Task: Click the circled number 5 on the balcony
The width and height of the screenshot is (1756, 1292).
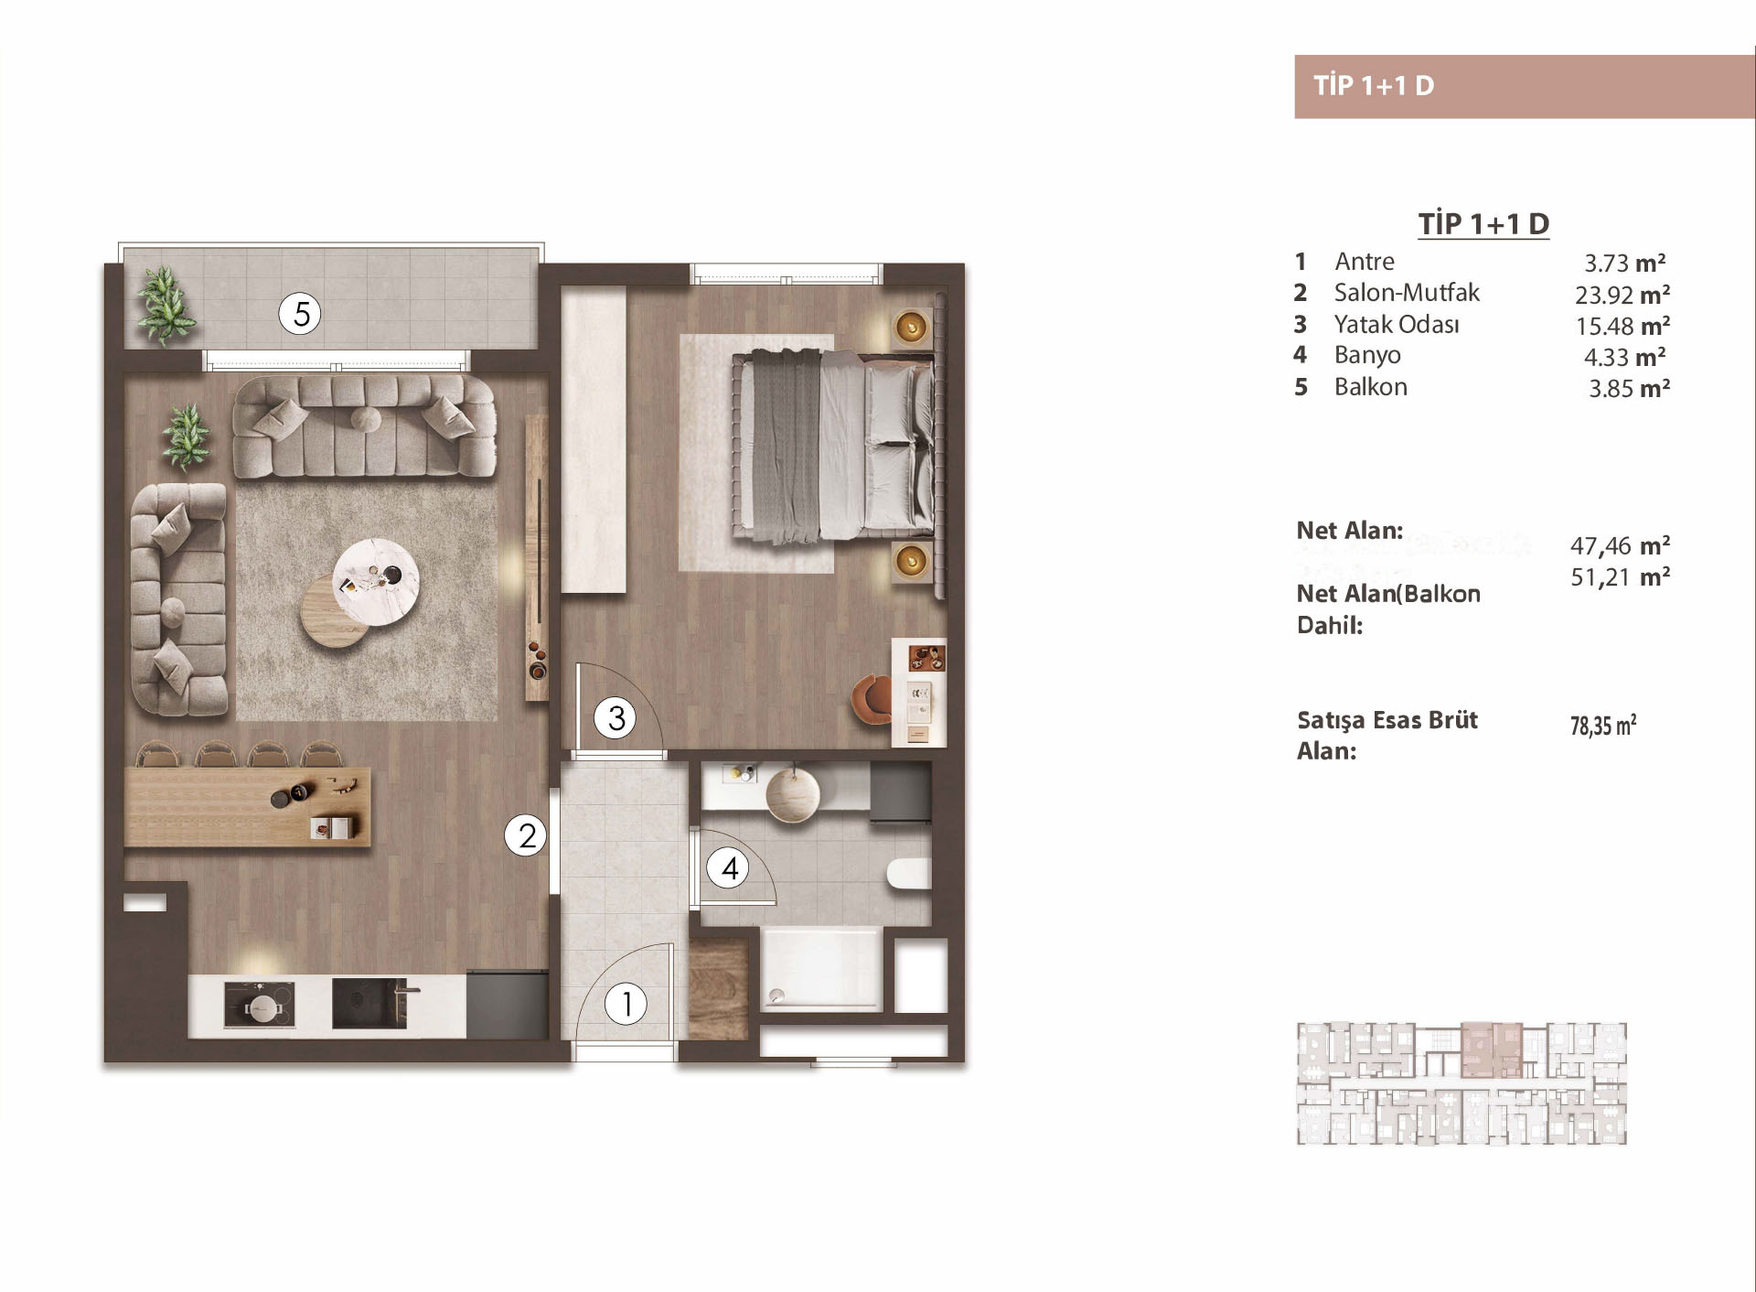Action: pos(301,314)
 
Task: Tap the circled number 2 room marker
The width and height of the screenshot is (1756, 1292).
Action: pos(527,835)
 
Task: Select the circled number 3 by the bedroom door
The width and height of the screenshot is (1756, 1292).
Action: pos(616,718)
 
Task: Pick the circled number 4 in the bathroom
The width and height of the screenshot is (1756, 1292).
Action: pos(729,867)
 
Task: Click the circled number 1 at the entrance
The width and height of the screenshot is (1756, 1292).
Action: pos(626,1004)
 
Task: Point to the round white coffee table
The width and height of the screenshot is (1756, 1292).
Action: pos(376,582)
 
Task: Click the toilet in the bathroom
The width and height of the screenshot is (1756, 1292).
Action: pos(909,873)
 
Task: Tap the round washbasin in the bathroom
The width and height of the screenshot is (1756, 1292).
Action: pos(793,794)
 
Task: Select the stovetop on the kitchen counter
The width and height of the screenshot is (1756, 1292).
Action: pos(260,1005)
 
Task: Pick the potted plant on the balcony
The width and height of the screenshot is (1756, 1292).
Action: pos(166,306)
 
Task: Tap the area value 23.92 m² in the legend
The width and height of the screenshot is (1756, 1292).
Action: pos(1622,295)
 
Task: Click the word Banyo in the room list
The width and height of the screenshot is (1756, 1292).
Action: pos(1367,355)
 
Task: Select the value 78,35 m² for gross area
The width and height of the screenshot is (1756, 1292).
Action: pos(1603,726)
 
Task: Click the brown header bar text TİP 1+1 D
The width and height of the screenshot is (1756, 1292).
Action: pos(1374,86)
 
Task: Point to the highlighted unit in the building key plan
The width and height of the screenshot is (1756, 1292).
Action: pos(1492,1050)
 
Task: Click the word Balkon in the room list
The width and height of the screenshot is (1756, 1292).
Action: pos(1370,387)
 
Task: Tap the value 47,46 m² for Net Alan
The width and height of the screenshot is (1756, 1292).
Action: pos(1621,546)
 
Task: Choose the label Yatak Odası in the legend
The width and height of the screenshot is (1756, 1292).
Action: pos(1397,324)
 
